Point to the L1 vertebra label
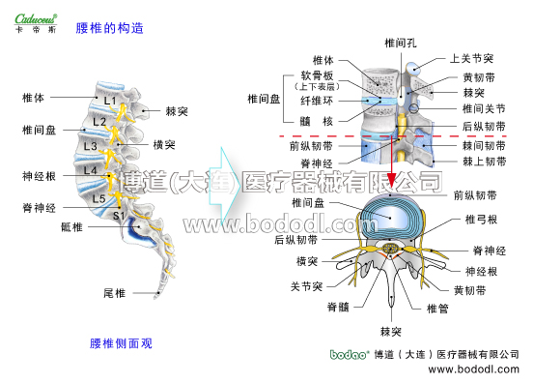[x=109, y=101]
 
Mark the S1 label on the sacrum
[x=118, y=215]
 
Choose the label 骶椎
[x=71, y=228]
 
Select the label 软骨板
[x=317, y=75]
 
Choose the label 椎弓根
[x=480, y=221]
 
